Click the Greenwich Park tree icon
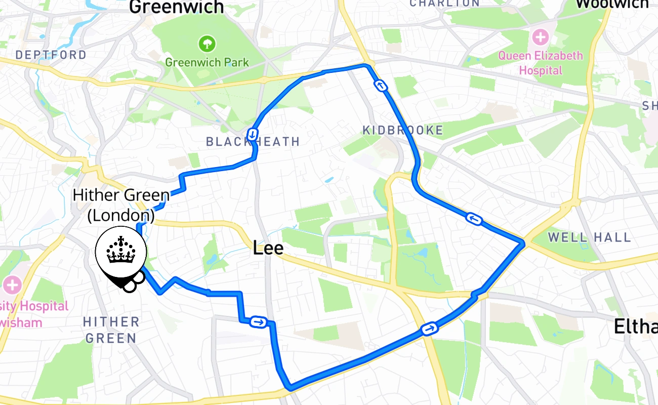[207, 44]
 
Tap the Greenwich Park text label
[207, 62]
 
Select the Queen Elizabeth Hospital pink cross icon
[541, 37]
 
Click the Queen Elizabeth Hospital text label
[541, 62]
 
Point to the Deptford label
[51, 55]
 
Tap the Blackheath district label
[253, 142]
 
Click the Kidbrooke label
[403, 131]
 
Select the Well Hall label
[589, 237]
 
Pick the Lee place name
[268, 248]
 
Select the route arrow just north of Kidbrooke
[381, 86]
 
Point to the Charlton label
[444, 4]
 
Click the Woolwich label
[612, 4]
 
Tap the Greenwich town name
[177, 7]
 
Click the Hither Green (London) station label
[121, 205]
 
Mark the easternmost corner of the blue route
[522, 244]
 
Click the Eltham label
[635, 327]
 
